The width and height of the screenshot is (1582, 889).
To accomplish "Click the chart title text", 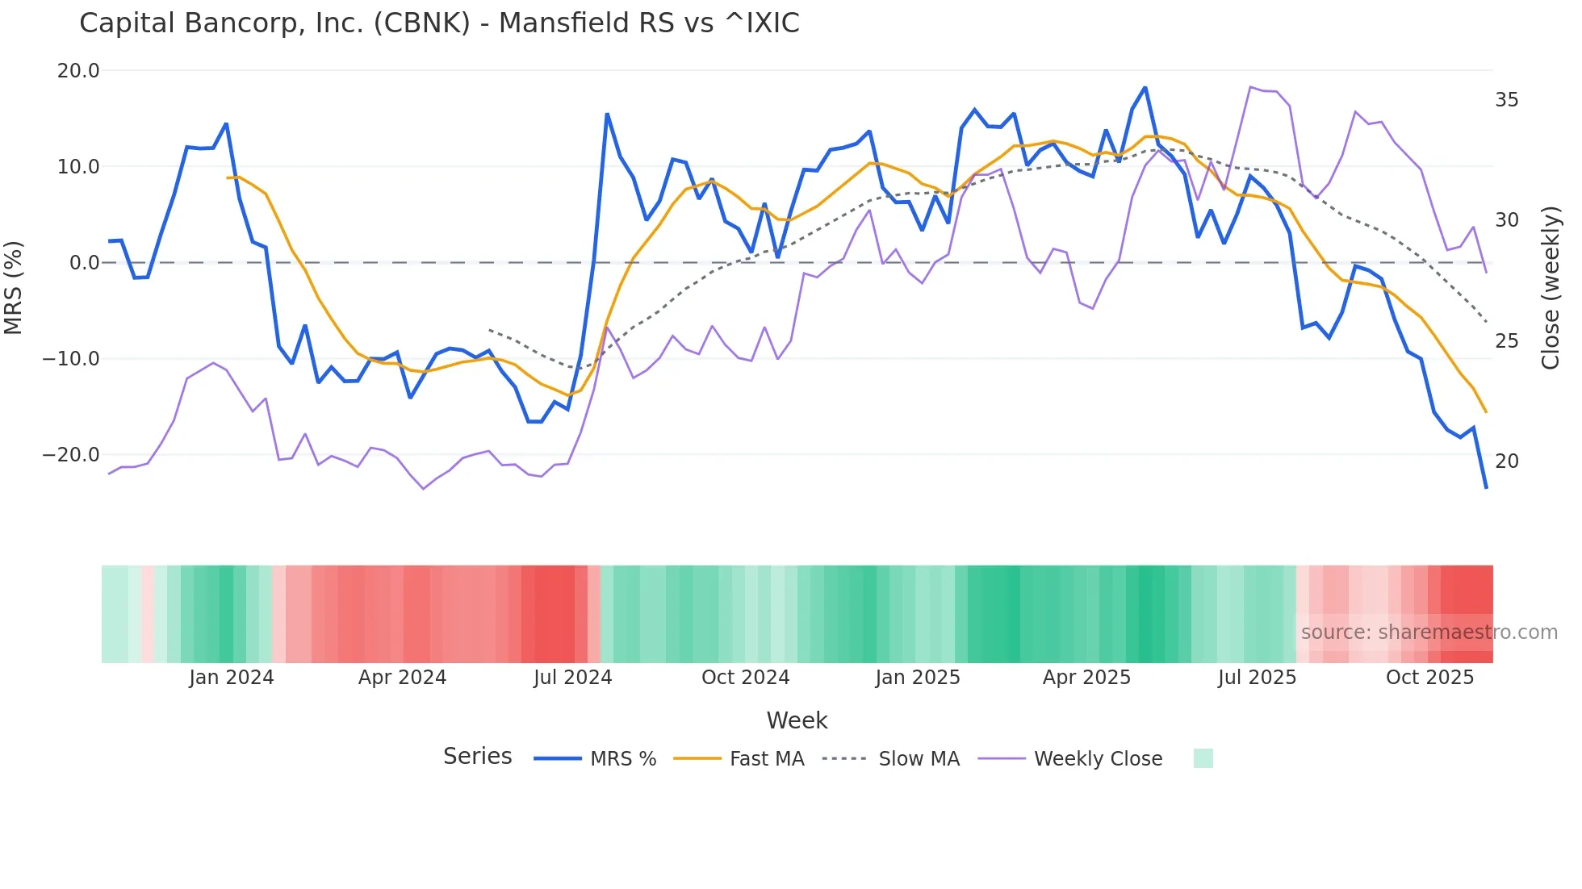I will [x=439, y=23].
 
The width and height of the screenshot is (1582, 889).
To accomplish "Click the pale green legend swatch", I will [x=1203, y=758].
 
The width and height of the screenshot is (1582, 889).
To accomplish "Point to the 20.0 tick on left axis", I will [x=78, y=71].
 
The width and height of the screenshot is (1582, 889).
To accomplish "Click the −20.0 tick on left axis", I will [x=71, y=455].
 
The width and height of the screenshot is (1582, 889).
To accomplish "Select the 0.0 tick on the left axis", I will [x=84, y=263].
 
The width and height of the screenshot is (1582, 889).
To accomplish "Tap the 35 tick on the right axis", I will [x=1506, y=100].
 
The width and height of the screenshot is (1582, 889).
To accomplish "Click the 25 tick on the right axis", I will [x=1506, y=341].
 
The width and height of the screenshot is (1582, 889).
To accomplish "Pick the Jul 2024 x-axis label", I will [x=572, y=678].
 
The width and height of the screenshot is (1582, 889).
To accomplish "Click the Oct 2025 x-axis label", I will [x=1429, y=678].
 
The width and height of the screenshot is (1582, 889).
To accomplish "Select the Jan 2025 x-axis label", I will [x=918, y=678].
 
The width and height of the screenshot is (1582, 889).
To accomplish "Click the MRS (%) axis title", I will [x=14, y=287].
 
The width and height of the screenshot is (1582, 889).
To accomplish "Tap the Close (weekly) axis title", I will [x=1550, y=288].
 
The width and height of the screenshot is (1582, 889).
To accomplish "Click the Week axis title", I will [x=797, y=720].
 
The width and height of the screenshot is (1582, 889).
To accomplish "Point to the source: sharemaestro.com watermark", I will [x=1429, y=632].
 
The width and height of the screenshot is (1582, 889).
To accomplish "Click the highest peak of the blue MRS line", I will [x=1145, y=88].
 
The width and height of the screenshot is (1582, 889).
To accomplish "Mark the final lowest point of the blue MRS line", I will [x=1486, y=487].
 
